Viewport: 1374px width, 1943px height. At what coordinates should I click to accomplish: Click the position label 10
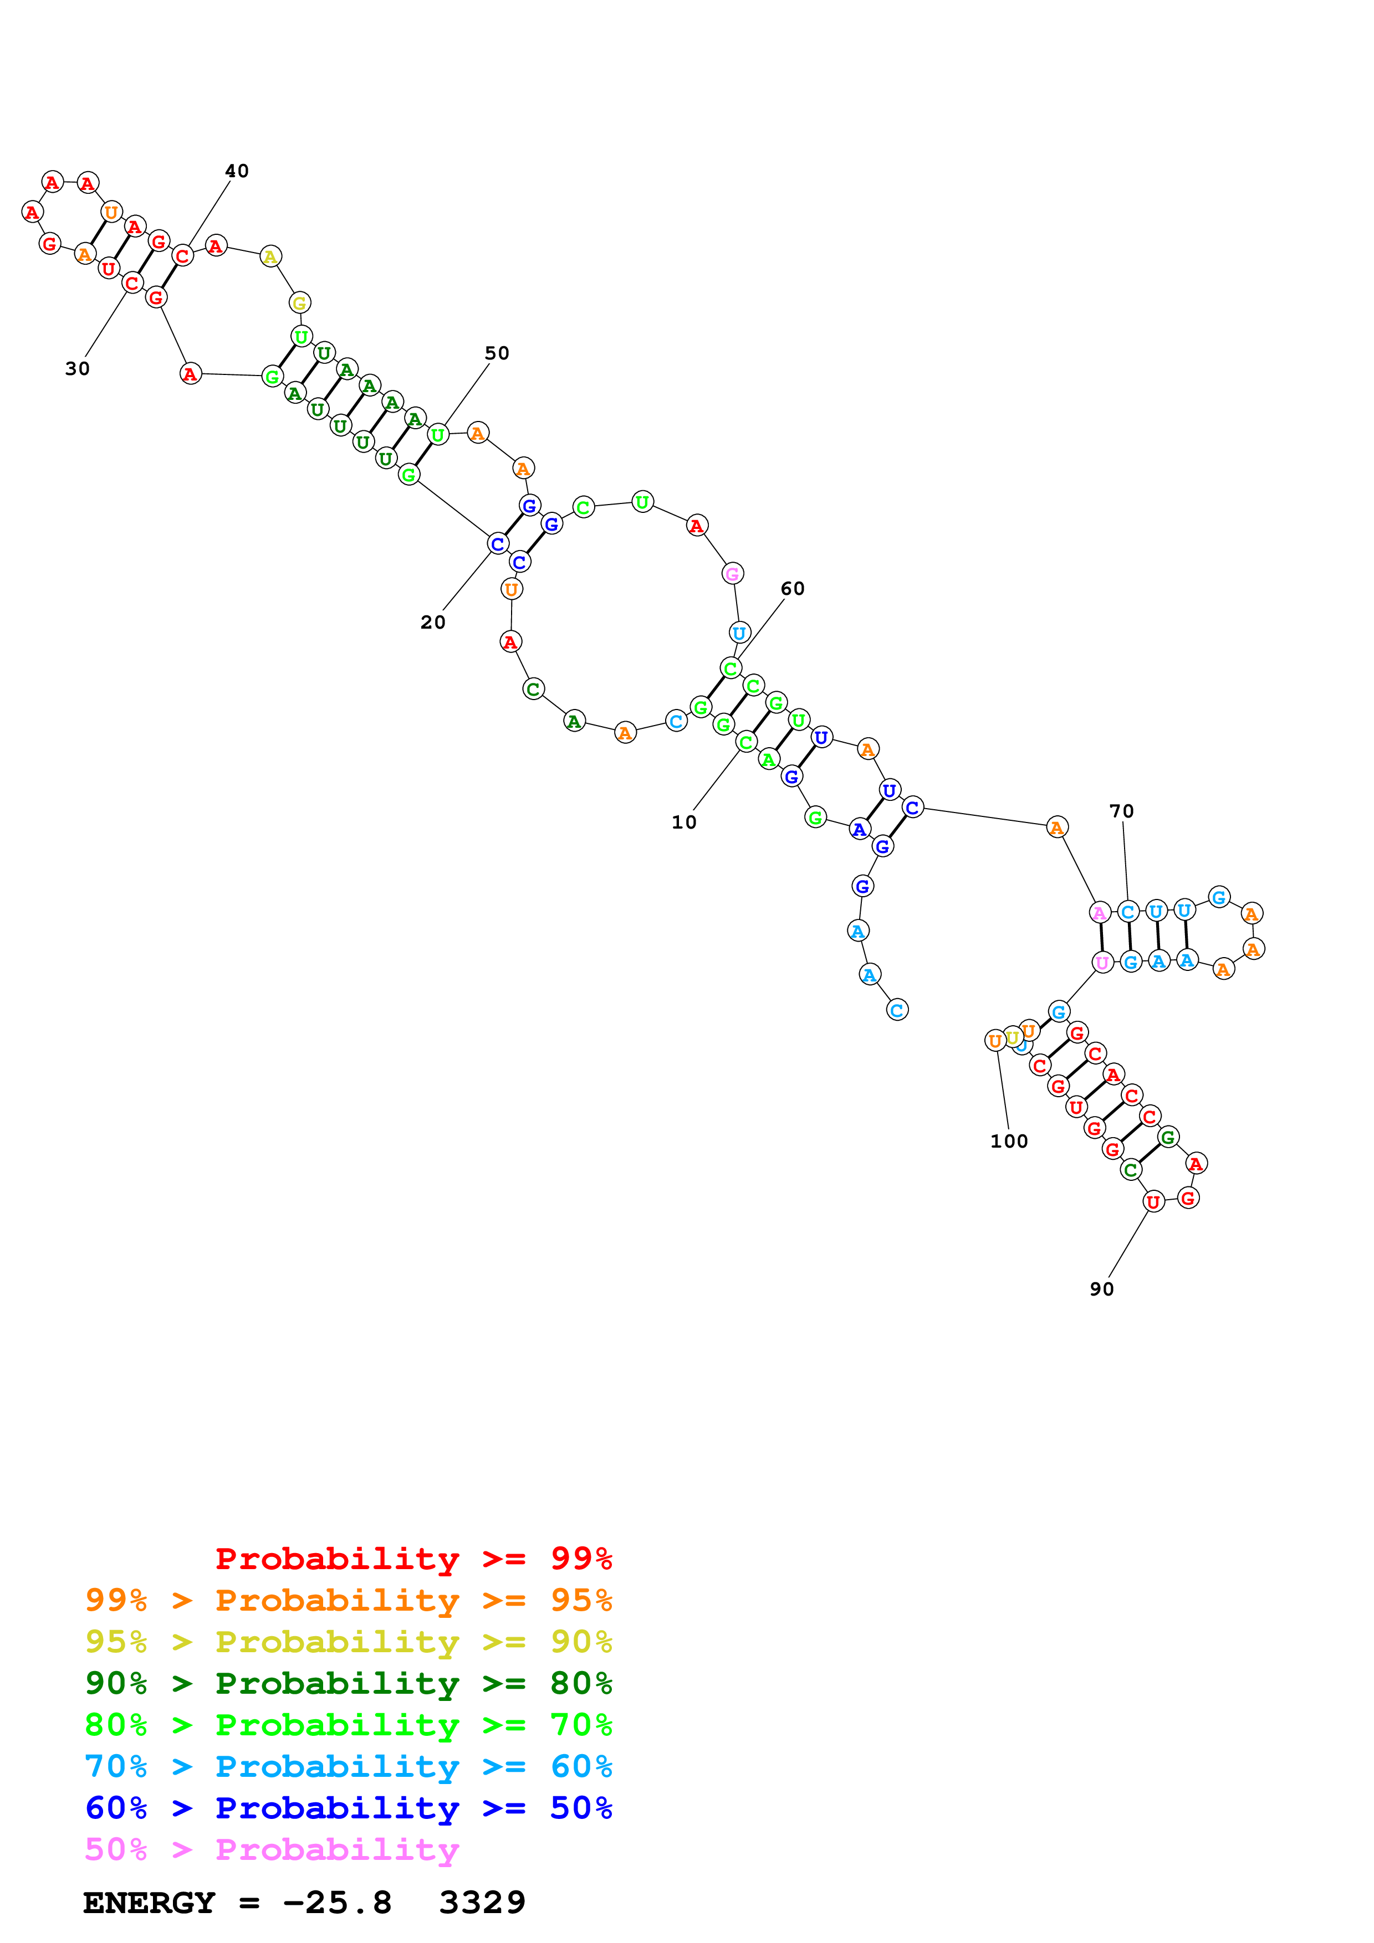[683, 822]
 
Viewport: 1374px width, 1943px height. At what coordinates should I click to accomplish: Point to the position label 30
[77, 368]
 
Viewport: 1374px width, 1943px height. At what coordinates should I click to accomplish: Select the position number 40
[237, 171]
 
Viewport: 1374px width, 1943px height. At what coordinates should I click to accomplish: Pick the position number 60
[793, 588]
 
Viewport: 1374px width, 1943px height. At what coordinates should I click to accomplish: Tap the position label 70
[1122, 811]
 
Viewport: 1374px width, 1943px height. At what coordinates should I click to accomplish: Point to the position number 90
[1101, 1289]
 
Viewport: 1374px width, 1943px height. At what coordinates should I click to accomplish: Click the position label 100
[1009, 1141]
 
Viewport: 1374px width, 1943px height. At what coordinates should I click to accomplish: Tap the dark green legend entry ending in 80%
[348, 1683]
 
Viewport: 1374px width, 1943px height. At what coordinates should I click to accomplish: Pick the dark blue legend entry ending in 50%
[348, 1808]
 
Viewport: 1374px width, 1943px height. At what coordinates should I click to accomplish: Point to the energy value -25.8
[337, 1903]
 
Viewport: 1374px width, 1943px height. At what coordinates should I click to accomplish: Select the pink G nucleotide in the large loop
[732, 574]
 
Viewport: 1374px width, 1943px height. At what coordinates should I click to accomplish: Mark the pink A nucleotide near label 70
[1100, 912]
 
